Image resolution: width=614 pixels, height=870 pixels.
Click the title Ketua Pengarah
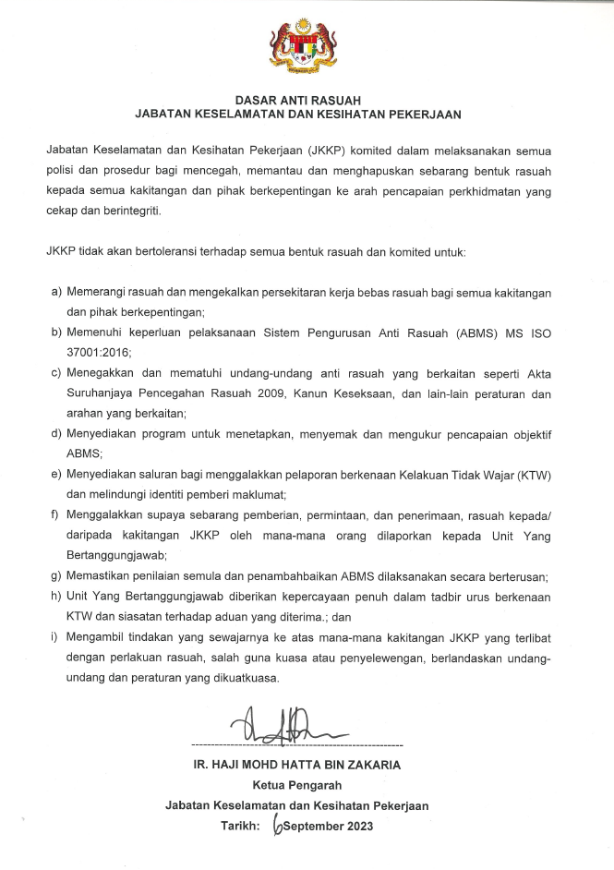(297, 786)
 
